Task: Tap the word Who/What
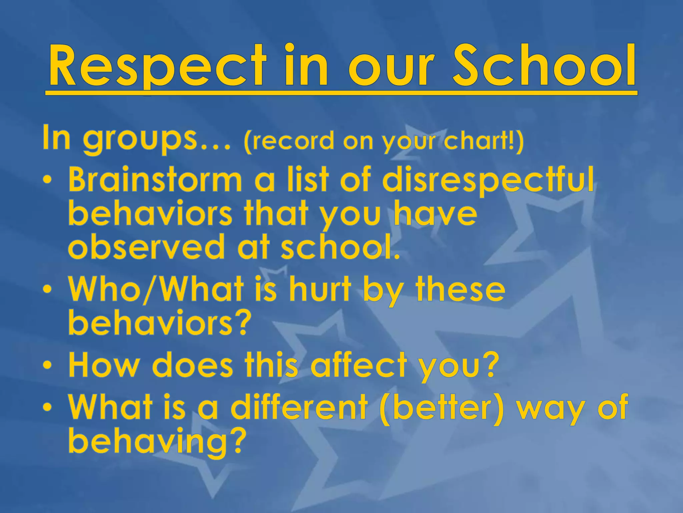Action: [157, 289]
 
